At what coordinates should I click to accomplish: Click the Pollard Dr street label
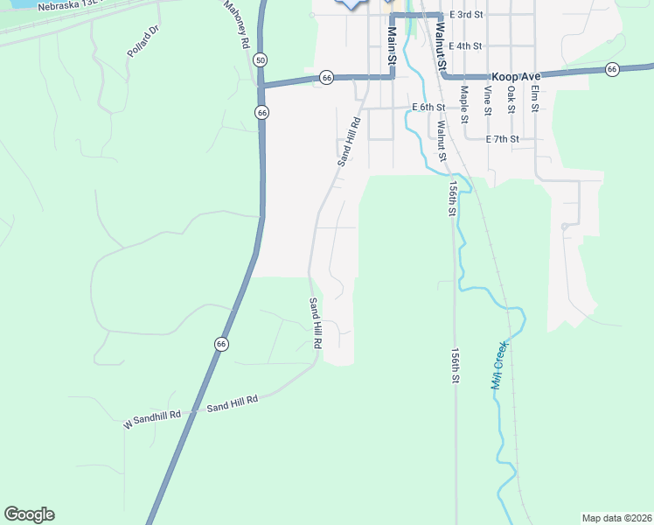coord(143,41)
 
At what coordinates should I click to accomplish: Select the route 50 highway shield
coord(261,59)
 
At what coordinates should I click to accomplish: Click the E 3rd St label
coord(467,16)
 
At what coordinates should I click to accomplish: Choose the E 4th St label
coord(465,46)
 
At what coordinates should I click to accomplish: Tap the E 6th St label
coord(428,108)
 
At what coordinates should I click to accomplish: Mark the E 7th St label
coord(503,139)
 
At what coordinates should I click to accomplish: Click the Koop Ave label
coord(516,77)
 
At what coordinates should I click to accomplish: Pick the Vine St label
coord(488,100)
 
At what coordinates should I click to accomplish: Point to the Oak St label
coord(511,98)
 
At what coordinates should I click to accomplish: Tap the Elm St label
coord(533,98)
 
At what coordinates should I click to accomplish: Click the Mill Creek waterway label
coord(499,365)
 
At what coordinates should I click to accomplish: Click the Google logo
coord(29,514)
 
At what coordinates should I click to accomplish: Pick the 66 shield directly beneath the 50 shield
coord(262,112)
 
